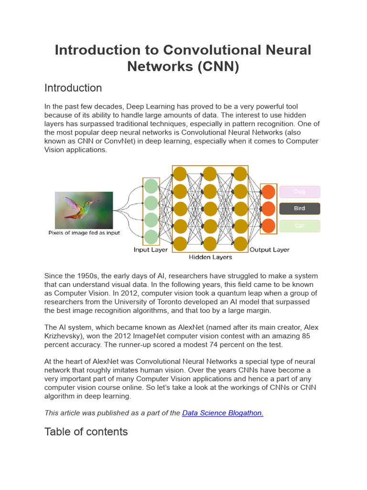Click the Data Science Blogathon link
tap(223, 413)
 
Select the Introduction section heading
tap(73, 88)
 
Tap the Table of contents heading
tap(86, 432)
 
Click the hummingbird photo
tap(84, 210)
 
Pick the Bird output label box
tap(300, 209)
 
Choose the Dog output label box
tap(300, 191)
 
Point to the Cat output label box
tap(300, 226)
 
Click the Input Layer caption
tap(151, 250)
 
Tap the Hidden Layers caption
tap(210, 257)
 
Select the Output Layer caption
tap(270, 250)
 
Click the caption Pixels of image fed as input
tap(84, 233)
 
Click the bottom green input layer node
tap(151, 236)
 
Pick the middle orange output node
tap(269, 209)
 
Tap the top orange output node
tap(269, 192)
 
